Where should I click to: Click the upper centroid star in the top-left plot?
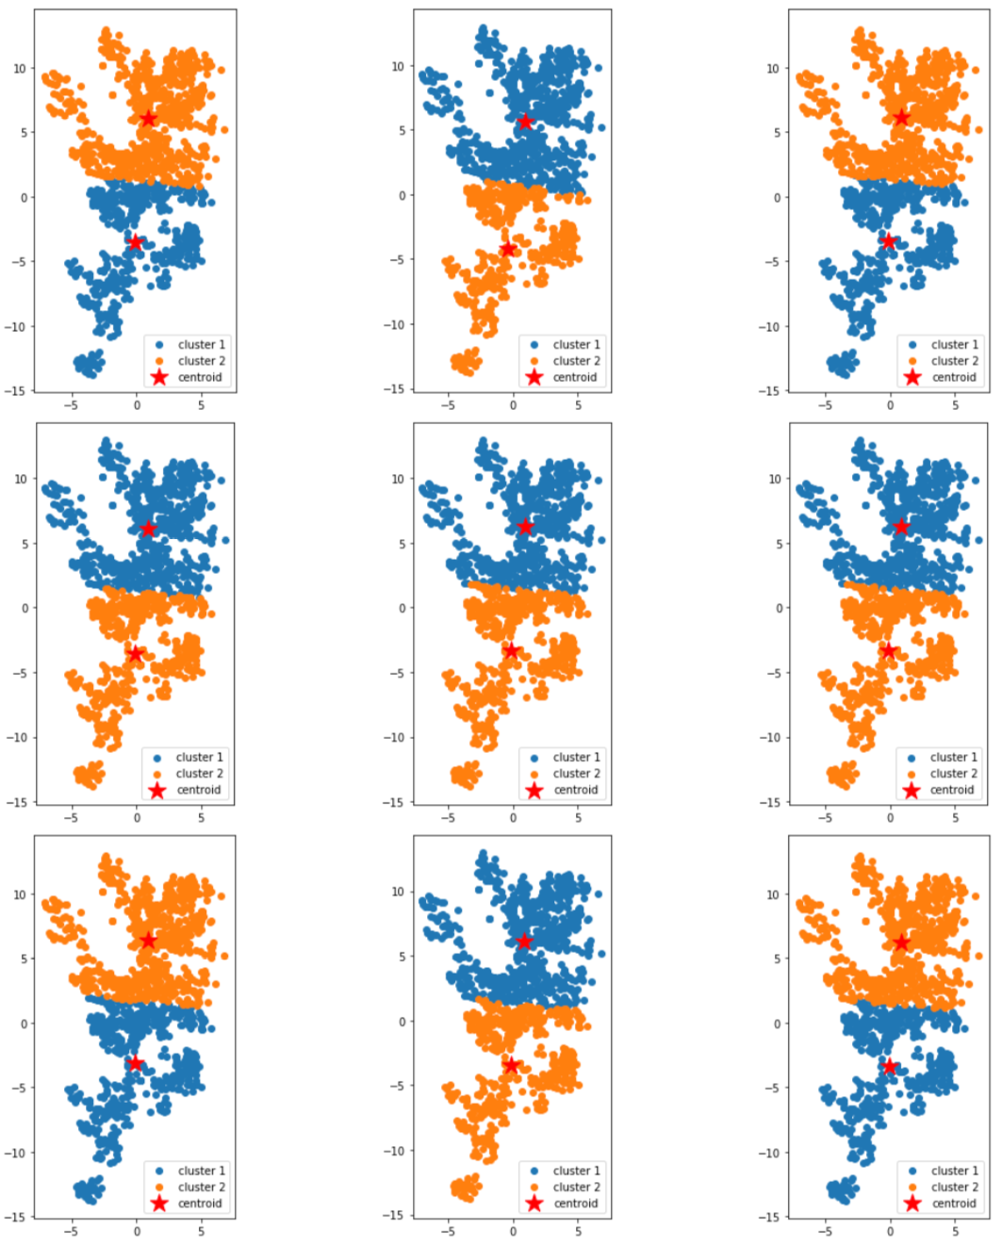pyautogui.click(x=148, y=118)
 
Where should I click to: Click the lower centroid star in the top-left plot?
pyautogui.click(x=135, y=242)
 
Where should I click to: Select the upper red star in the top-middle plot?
pyautogui.click(x=525, y=121)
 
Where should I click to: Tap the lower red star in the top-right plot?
pyautogui.click(x=888, y=241)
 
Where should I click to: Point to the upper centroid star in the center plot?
pyautogui.click(x=525, y=527)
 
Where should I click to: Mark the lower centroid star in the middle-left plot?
pyautogui.click(x=135, y=654)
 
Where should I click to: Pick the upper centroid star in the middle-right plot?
pyautogui.click(x=901, y=527)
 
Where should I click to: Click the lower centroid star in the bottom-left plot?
pyautogui.click(x=135, y=1063)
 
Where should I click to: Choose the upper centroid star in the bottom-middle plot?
pyautogui.click(x=524, y=942)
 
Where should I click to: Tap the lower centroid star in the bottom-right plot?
pyautogui.click(x=889, y=1066)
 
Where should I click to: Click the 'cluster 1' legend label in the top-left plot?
pyautogui.click(x=201, y=345)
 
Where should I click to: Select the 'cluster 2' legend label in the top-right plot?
pyautogui.click(x=954, y=361)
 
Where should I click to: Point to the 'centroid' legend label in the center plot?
pyautogui.click(x=575, y=790)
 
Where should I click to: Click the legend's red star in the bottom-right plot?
pyautogui.click(x=911, y=1203)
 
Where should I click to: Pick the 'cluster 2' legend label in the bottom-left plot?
pyautogui.click(x=201, y=1187)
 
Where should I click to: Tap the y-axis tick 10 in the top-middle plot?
pyautogui.click(x=397, y=67)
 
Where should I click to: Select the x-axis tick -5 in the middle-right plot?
pyautogui.click(x=825, y=817)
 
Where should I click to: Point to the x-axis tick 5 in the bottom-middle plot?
pyautogui.click(x=578, y=1230)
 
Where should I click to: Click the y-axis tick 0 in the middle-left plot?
pyautogui.click(x=25, y=608)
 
